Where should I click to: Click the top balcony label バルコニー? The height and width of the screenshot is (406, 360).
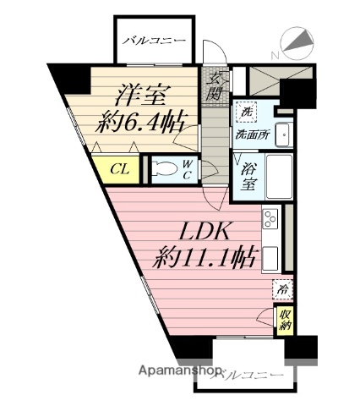click(153, 40)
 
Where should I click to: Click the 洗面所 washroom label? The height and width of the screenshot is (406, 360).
click(252, 132)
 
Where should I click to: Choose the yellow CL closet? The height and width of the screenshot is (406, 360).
click(119, 167)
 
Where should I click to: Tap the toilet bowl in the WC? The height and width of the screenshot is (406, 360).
click(172, 168)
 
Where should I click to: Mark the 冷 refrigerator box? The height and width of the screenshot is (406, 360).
click(282, 290)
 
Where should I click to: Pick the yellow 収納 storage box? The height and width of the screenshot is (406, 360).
click(284, 320)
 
